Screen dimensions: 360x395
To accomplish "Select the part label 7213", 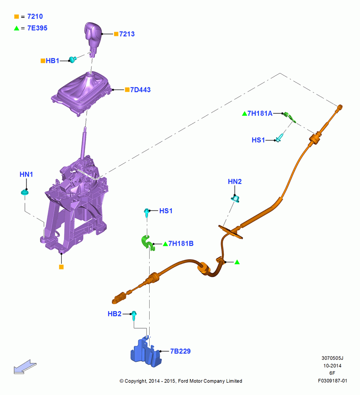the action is tap(127, 34).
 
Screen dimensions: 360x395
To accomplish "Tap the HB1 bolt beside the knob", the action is tap(73, 60).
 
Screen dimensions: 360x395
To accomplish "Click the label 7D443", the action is tap(140, 90).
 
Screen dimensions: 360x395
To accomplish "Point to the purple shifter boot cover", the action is tap(82, 94).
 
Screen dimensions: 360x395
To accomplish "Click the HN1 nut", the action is tap(25, 192).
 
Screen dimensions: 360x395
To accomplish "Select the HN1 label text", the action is tap(26, 174).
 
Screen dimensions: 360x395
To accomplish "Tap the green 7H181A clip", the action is tap(289, 117).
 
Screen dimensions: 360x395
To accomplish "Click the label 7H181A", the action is tap(260, 113).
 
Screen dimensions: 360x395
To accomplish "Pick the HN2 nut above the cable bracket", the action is tap(235, 199).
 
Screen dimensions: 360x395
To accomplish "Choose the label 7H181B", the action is tap(181, 244).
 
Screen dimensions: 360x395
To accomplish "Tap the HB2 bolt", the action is tap(134, 315).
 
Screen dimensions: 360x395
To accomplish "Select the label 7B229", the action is tap(180, 351).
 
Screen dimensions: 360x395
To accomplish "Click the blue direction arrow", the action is tap(25, 367).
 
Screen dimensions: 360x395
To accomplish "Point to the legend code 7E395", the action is tap(37, 28).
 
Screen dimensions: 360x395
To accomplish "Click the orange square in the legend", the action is tap(17, 17).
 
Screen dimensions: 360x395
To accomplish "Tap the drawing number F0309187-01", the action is tap(332, 381).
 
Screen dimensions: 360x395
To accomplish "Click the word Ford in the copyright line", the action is tap(183, 381).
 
